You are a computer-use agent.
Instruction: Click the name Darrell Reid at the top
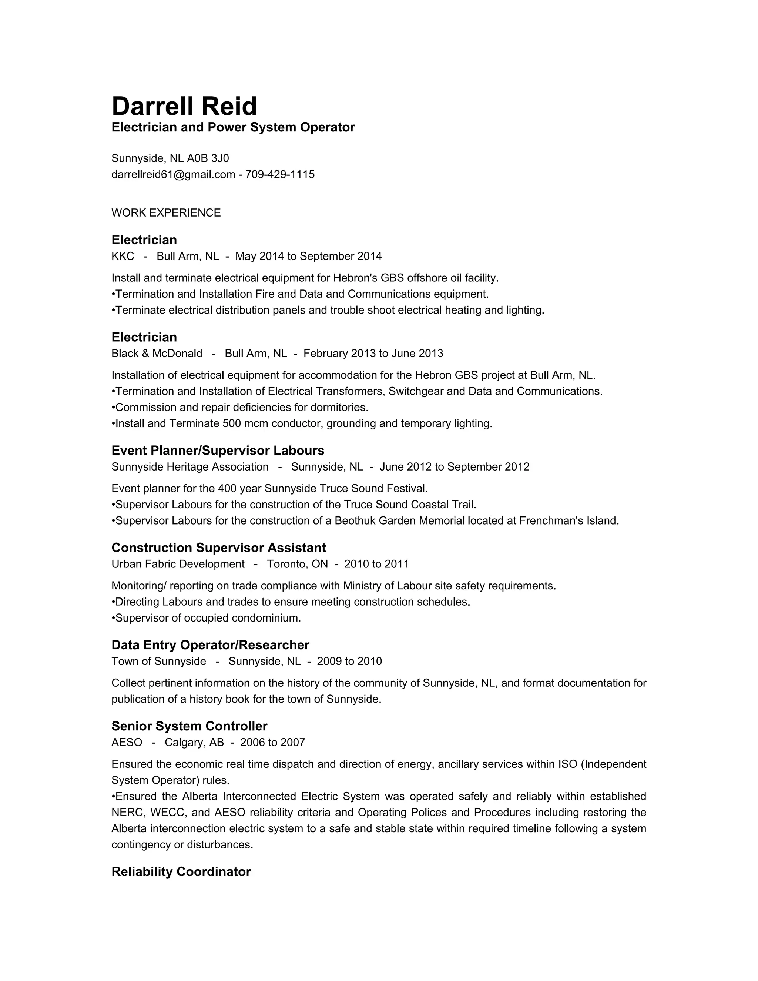click(184, 107)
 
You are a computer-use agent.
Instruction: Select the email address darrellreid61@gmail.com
click(173, 174)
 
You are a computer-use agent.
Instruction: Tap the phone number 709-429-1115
click(280, 174)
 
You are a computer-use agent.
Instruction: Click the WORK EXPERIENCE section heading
click(166, 213)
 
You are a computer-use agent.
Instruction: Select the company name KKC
click(123, 257)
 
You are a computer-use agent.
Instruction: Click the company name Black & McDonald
click(157, 354)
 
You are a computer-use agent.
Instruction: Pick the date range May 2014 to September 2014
click(309, 257)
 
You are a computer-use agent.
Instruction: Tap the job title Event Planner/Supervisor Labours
click(218, 451)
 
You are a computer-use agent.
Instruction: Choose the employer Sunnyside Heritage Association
click(190, 467)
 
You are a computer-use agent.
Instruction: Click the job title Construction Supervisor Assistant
click(219, 548)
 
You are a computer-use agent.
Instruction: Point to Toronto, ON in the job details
click(297, 564)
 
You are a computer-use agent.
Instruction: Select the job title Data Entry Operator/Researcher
click(210, 645)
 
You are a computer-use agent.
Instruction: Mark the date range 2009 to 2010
click(349, 662)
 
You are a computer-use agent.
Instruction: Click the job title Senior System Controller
click(189, 726)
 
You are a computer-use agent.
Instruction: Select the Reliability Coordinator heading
click(181, 872)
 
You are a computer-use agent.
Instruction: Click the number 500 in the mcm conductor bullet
click(231, 423)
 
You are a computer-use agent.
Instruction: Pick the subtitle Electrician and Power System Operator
click(233, 128)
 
